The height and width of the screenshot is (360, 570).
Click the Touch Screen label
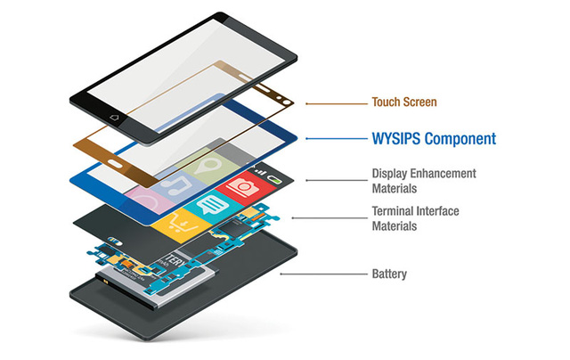[x=403, y=102]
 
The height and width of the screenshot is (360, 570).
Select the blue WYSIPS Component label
[x=432, y=139]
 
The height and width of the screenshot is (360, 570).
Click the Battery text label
[x=389, y=274]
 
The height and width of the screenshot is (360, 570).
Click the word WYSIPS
[x=397, y=139]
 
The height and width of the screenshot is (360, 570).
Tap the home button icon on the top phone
[x=114, y=117]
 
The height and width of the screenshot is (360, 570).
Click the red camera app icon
[x=241, y=188]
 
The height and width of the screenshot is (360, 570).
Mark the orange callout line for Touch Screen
[x=338, y=103]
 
